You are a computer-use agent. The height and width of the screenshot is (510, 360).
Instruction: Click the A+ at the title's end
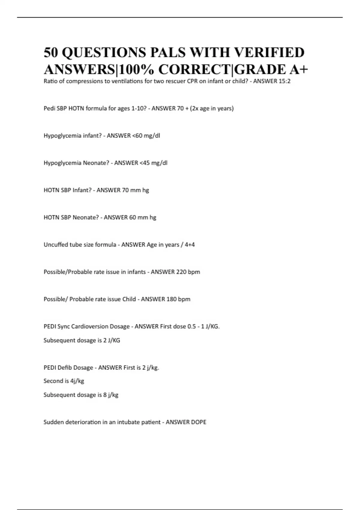click(298, 70)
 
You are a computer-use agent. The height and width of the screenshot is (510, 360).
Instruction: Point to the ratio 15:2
click(284, 81)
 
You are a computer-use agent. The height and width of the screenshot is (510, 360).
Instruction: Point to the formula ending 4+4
click(190, 245)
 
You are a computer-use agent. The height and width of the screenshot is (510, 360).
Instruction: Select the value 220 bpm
click(188, 272)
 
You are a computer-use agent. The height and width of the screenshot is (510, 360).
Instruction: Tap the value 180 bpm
click(178, 299)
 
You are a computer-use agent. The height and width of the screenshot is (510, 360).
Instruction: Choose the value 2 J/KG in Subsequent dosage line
click(112, 340)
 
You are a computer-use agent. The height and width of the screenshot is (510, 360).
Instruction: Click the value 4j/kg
click(77, 381)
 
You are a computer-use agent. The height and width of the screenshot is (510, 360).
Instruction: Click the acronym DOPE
click(199, 422)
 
